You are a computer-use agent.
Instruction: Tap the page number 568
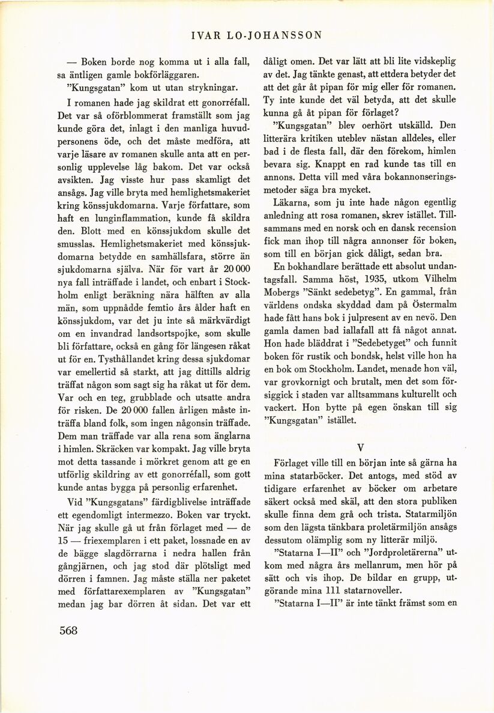tap(69, 630)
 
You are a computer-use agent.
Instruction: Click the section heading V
tap(360, 447)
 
